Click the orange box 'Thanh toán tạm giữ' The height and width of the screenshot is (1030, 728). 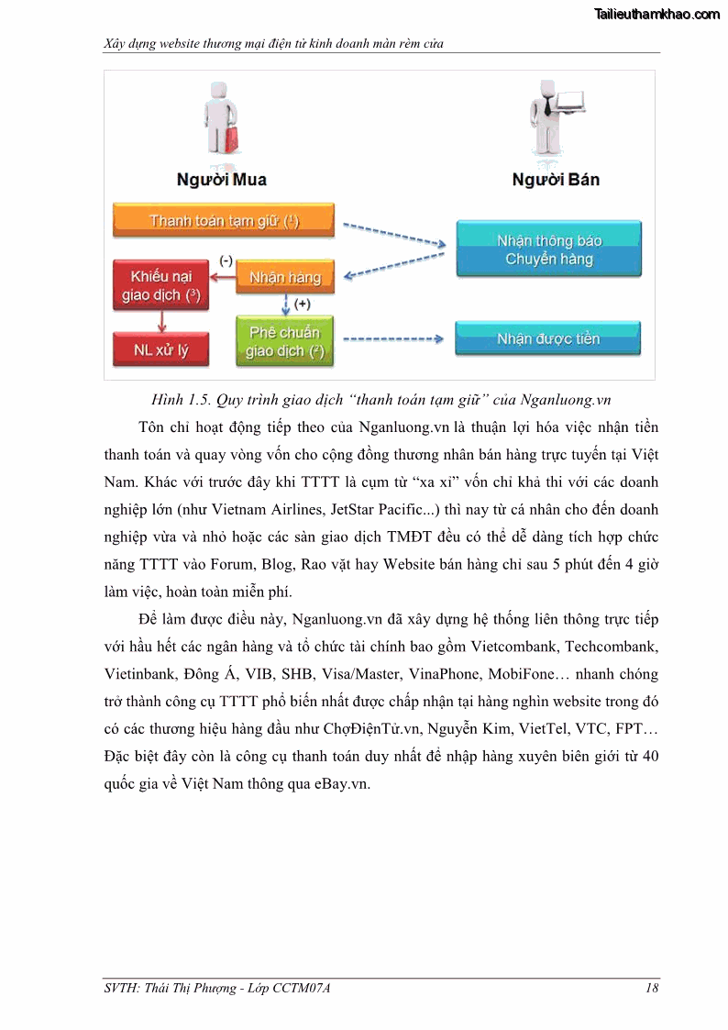coord(223,221)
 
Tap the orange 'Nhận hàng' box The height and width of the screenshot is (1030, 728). coord(285,277)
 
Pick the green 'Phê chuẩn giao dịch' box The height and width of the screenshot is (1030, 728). coord(285,341)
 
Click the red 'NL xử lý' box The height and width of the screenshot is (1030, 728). coord(160,349)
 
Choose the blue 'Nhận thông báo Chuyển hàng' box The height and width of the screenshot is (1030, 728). coord(548,249)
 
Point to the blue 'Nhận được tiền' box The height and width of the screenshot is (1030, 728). coord(548,339)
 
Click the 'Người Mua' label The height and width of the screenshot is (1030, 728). coord(222,180)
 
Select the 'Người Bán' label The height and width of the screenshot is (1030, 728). coord(556,180)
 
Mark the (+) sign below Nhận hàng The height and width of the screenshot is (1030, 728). coord(302,304)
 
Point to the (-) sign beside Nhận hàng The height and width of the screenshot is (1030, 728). coord(226,260)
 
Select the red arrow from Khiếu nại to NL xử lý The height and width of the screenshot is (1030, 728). coord(161,320)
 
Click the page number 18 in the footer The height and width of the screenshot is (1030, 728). coord(652,988)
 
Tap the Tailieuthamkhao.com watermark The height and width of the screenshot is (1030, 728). coord(657,14)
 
